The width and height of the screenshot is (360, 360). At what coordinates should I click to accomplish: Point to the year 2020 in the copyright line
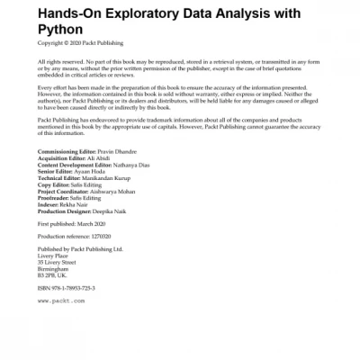tap(74, 42)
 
